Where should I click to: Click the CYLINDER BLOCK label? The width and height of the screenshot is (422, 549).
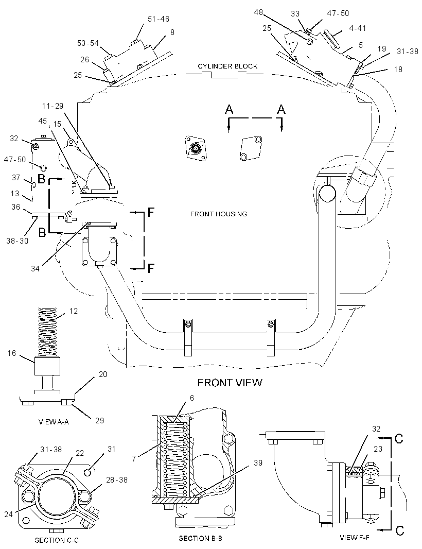click(227, 66)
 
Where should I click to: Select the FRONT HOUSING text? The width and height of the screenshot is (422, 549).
click(218, 214)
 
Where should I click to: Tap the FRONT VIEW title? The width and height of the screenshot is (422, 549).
click(230, 382)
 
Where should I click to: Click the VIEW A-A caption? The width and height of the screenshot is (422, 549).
click(54, 422)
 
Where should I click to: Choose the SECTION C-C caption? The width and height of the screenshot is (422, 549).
click(57, 540)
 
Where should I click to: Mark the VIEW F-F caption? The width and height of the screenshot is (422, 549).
click(354, 537)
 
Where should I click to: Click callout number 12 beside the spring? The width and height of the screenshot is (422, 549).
click(74, 311)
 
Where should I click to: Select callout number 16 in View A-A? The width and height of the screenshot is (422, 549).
click(12, 353)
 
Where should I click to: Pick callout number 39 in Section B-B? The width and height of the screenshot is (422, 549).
click(258, 463)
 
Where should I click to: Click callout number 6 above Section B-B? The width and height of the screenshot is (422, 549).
click(192, 398)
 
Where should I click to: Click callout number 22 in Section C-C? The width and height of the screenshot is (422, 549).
click(80, 453)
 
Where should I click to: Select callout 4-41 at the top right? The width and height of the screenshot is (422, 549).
click(357, 28)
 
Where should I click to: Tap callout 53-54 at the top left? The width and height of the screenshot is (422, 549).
click(88, 43)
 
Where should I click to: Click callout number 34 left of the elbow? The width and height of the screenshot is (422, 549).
click(35, 268)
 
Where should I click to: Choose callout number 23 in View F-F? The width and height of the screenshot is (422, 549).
click(378, 449)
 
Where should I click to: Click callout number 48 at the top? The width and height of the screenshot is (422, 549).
click(258, 12)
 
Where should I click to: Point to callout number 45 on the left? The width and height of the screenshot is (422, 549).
click(42, 121)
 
